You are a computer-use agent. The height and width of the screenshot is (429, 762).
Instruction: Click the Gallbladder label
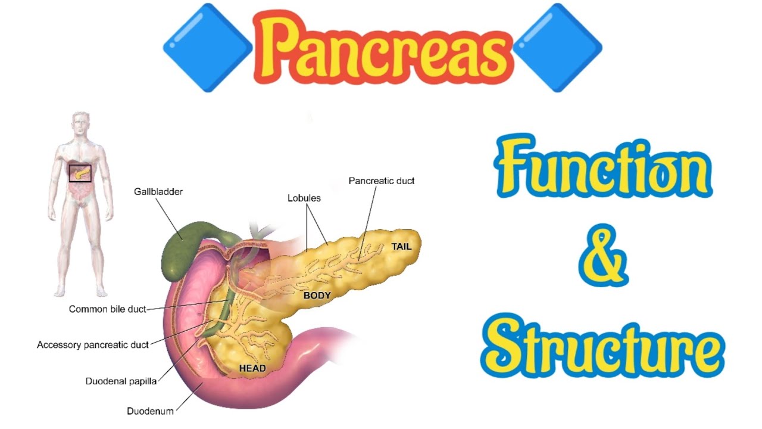[x=158, y=192]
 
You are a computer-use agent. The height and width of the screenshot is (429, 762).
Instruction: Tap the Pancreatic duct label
[x=382, y=181]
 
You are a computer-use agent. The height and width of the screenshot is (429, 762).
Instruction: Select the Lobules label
[x=304, y=198]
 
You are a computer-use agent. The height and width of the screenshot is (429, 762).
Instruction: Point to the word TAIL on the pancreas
[x=401, y=246]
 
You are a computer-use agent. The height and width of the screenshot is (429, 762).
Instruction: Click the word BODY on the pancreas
[x=317, y=296]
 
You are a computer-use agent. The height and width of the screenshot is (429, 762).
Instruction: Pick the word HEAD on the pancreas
[x=252, y=368]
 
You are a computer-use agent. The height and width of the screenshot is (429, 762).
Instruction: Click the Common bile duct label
[x=107, y=309]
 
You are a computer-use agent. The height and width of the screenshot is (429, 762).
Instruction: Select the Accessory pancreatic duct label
[x=92, y=345]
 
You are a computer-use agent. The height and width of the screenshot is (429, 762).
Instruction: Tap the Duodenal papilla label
[x=121, y=381]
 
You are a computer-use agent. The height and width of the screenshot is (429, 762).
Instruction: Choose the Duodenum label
[x=150, y=411]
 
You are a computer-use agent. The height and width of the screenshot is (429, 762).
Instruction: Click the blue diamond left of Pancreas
[x=208, y=48]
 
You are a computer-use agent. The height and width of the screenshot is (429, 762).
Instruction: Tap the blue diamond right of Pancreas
[x=557, y=48]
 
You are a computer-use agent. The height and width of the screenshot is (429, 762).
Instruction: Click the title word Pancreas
[x=383, y=48]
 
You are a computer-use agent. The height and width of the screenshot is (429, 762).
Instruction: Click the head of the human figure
[x=80, y=123]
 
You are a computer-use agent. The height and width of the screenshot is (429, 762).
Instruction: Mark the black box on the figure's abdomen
[x=80, y=173]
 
